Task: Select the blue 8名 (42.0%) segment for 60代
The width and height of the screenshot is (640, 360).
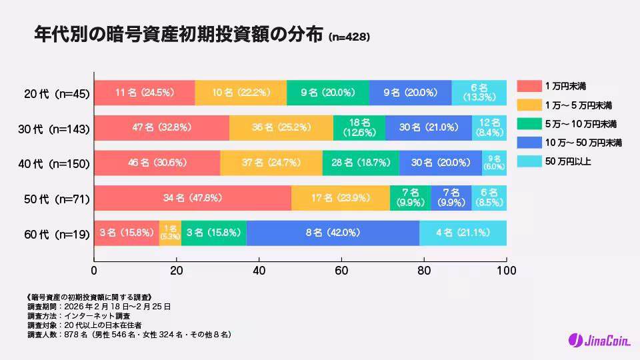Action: pos(333,233)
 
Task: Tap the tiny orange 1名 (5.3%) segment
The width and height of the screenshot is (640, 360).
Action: pos(170,233)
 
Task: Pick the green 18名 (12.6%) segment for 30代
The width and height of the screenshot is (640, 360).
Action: pos(359,128)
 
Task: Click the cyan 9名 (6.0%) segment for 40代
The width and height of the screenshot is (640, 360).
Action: pos(495,163)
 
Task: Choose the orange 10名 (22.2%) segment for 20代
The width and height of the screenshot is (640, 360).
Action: pos(241,93)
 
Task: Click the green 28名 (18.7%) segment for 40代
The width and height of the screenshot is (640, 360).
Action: pos(361,163)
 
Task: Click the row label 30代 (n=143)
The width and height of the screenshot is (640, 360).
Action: pos(54,129)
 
